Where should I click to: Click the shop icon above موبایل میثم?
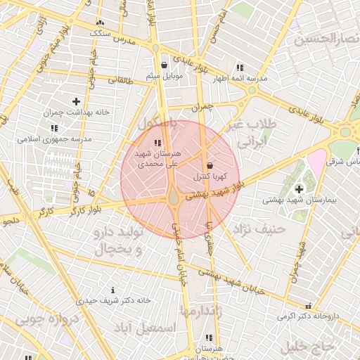(x=164, y=65)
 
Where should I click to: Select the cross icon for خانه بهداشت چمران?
(x=76, y=102)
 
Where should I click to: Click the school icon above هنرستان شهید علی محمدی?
(x=156, y=143)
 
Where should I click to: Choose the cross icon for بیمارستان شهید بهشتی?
(x=300, y=188)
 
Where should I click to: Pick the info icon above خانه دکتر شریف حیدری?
(x=113, y=290)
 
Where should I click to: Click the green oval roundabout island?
(x=173, y=198)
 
